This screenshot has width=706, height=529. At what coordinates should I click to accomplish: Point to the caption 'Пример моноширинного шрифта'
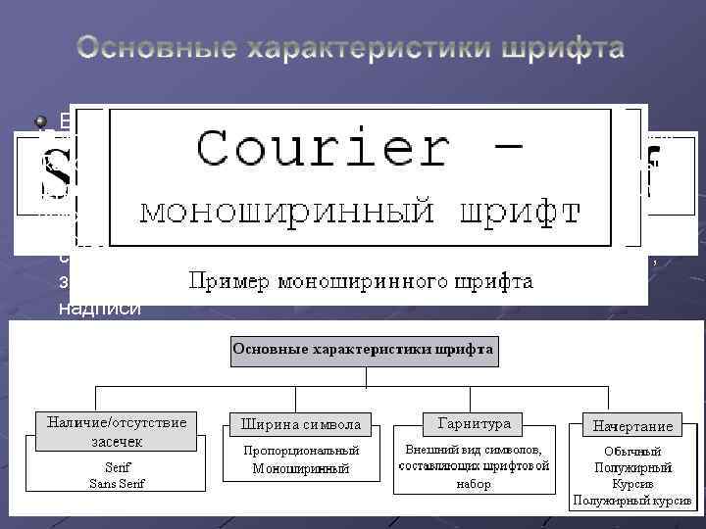[x=361, y=282]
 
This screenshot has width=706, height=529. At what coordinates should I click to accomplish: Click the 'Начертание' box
[x=632, y=426]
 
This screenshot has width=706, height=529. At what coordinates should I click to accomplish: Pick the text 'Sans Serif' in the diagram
[x=117, y=483]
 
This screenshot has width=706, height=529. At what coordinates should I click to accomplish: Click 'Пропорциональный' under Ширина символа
[x=301, y=451]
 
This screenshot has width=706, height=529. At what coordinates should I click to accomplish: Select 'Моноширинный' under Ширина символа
[x=301, y=469]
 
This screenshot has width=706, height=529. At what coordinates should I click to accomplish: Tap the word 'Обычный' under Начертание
[x=632, y=452]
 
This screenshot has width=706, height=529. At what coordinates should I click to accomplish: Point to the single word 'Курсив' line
[x=632, y=485]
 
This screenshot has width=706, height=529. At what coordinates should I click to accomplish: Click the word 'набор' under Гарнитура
[x=474, y=484]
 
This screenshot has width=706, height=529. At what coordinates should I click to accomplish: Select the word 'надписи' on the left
[x=86, y=308]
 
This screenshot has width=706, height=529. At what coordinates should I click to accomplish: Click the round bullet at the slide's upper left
[x=41, y=121]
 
